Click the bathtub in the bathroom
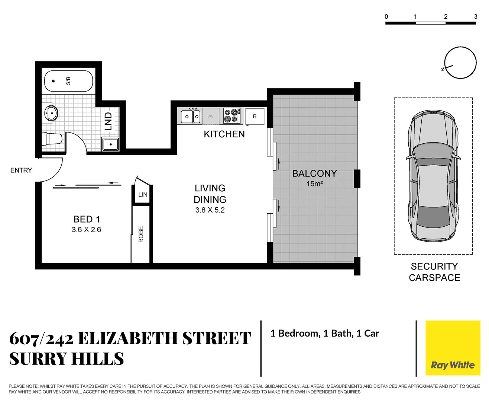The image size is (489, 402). point(68,81)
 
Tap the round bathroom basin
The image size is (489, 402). point(51,113)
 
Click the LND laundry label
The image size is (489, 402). point(108,121)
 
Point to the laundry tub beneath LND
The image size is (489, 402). point(110,144)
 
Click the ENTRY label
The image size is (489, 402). point(21,170)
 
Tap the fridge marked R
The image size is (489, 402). point(255,116)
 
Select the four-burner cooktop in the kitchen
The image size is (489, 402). point(231,115)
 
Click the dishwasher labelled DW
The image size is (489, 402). point(210,116)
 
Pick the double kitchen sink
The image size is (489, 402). point(191,117)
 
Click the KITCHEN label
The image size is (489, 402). point(224,134)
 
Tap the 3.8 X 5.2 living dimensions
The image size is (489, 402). point(210,210)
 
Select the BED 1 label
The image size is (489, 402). point(87,219)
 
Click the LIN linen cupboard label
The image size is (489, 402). point(143,195)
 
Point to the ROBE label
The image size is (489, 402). point(141,234)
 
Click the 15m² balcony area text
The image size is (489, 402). point(314,184)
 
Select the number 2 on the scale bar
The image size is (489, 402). point(446,16)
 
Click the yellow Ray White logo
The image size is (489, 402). point(453,348)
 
